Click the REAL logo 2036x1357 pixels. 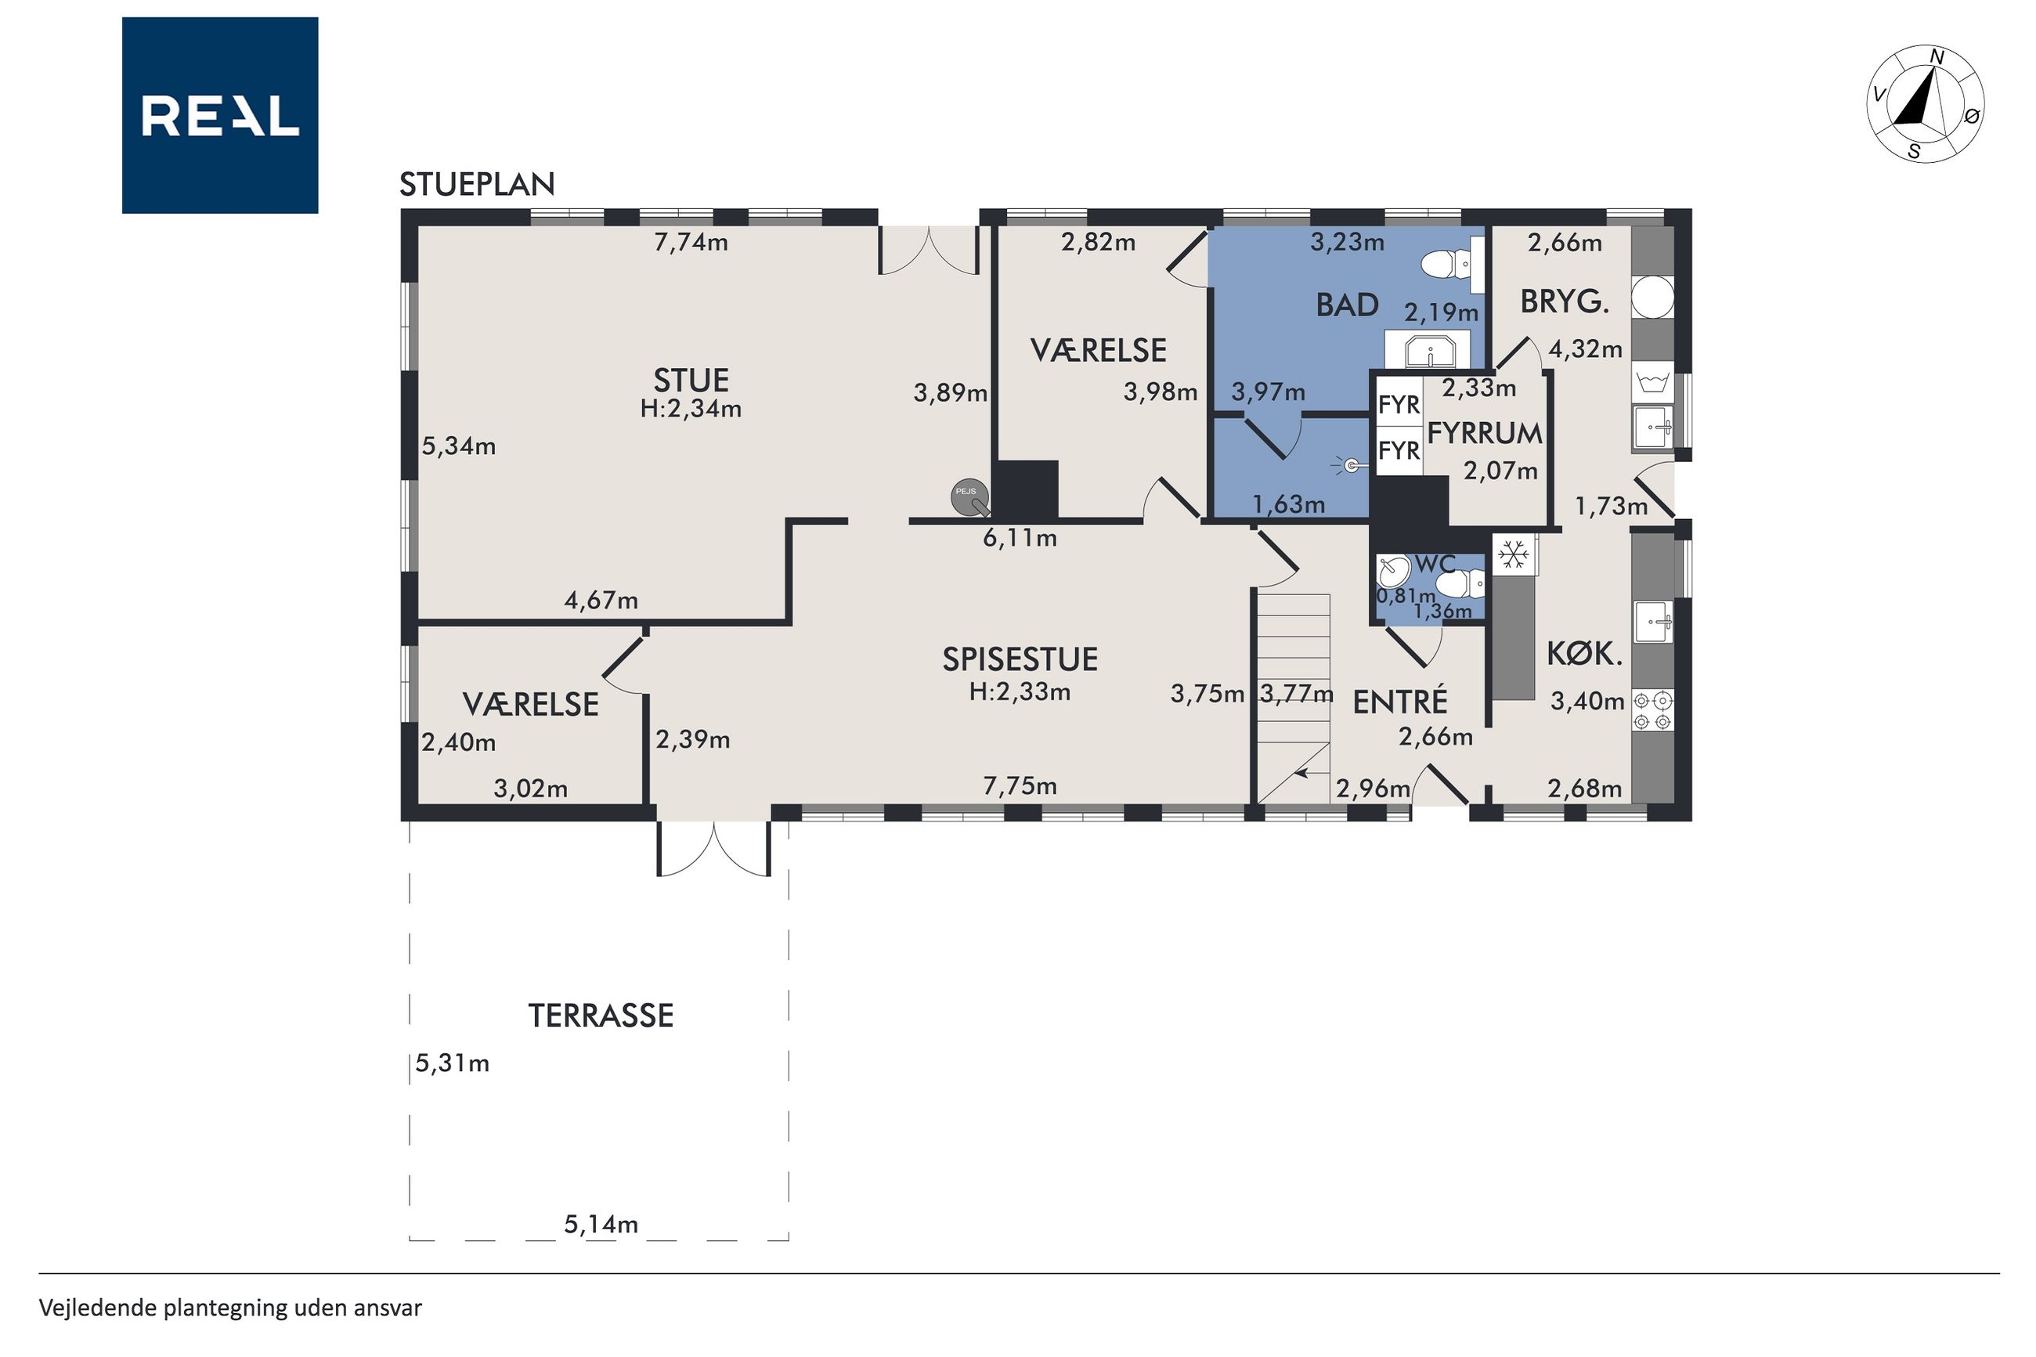pyautogui.click(x=220, y=115)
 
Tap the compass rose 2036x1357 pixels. pyautogui.click(x=1926, y=104)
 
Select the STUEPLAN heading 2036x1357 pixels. pyautogui.click(x=477, y=184)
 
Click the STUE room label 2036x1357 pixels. pyautogui.click(x=691, y=381)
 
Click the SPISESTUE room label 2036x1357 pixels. pyautogui.click(x=1020, y=659)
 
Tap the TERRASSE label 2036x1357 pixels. pyautogui.click(x=601, y=1015)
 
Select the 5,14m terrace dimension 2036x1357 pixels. pyautogui.click(x=601, y=1224)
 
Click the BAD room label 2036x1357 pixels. pyautogui.click(x=1347, y=305)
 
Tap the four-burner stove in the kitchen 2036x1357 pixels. pyautogui.click(x=1652, y=709)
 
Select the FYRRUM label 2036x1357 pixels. pyautogui.click(x=1484, y=433)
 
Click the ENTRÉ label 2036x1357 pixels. pyautogui.click(x=1400, y=702)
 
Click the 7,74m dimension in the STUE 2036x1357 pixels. pyautogui.click(x=691, y=242)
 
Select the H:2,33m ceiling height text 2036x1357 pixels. pyautogui.click(x=1020, y=692)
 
